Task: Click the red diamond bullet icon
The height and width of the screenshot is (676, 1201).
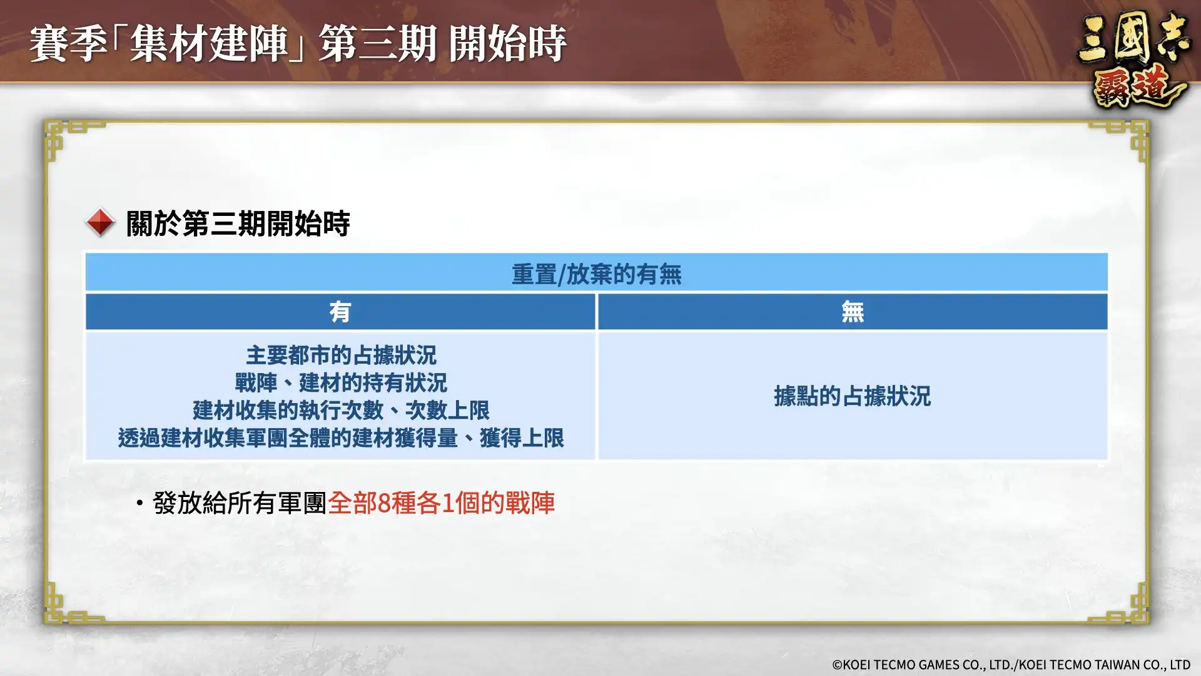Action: pyautogui.click(x=100, y=222)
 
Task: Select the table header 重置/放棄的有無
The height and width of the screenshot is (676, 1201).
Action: pyautogui.click(x=596, y=274)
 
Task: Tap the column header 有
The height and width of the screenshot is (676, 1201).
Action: pyautogui.click(x=340, y=312)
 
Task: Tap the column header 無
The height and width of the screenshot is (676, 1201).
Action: pyautogui.click(x=853, y=312)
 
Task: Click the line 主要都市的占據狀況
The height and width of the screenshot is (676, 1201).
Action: pyautogui.click(x=341, y=356)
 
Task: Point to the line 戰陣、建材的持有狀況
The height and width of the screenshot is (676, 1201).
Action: pyautogui.click(x=341, y=382)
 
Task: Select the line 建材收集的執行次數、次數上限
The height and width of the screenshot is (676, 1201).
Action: pyautogui.click(x=341, y=410)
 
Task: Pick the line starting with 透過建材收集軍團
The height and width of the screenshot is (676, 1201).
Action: pyautogui.click(x=341, y=438)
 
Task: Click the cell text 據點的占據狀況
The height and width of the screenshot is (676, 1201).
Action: pyautogui.click(x=852, y=396)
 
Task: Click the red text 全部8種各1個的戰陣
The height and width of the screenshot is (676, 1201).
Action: pyautogui.click(x=441, y=503)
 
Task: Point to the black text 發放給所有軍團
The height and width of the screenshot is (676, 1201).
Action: pyautogui.click(x=240, y=503)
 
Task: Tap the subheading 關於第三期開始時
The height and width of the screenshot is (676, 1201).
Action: pyautogui.click(x=238, y=223)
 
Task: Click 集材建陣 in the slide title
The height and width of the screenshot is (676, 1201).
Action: pyautogui.click(x=209, y=44)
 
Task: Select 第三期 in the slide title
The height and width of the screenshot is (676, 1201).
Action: pyautogui.click(x=377, y=44)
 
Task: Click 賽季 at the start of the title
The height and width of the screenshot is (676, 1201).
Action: pyautogui.click(x=68, y=44)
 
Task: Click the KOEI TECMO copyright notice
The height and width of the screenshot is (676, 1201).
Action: pyautogui.click(x=1011, y=665)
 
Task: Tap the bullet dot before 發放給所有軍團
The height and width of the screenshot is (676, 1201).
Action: pyautogui.click(x=139, y=503)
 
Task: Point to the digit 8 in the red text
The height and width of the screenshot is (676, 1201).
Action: pyautogui.click(x=384, y=503)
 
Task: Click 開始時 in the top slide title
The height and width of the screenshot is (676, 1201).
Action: pyautogui.click(x=507, y=44)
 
